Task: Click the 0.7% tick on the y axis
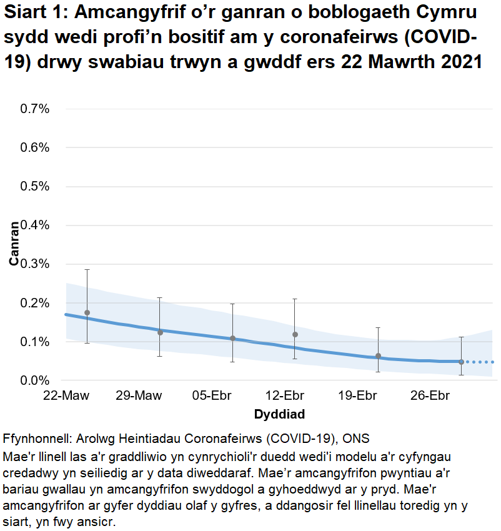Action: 35,109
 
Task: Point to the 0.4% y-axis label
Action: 35,225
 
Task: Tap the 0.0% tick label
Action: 35,380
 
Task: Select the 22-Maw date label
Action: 66,396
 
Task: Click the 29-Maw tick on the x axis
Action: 138,396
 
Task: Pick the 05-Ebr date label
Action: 211,396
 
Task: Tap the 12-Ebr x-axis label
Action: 284,396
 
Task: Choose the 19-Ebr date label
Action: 357,396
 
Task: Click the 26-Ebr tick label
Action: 430,396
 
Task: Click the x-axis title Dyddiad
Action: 279,414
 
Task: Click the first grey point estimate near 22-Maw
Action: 87,312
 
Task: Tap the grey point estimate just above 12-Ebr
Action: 295,334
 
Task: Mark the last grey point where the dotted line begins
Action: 461,362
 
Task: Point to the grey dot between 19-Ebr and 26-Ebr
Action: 378,355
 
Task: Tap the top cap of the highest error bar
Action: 87,269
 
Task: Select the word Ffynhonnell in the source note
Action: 39,438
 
